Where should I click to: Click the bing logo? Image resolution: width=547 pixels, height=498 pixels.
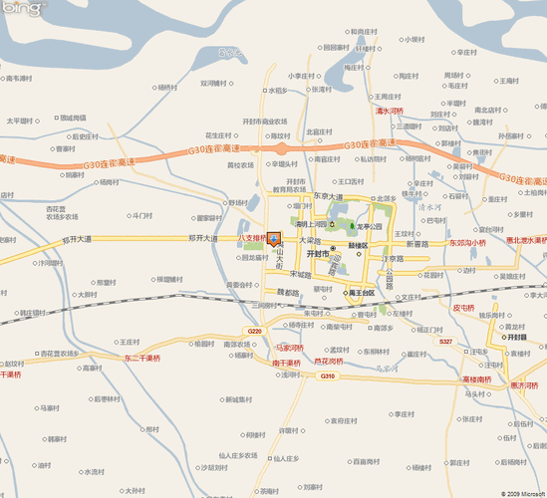point(23,9)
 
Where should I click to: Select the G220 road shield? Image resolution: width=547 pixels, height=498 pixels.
point(254,332)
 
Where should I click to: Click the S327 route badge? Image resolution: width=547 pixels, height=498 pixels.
point(445,342)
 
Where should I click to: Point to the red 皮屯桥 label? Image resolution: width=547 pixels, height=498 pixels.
point(466,308)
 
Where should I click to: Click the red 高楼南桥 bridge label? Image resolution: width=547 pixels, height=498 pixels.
point(477,379)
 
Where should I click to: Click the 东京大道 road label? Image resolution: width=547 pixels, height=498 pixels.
point(335,196)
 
